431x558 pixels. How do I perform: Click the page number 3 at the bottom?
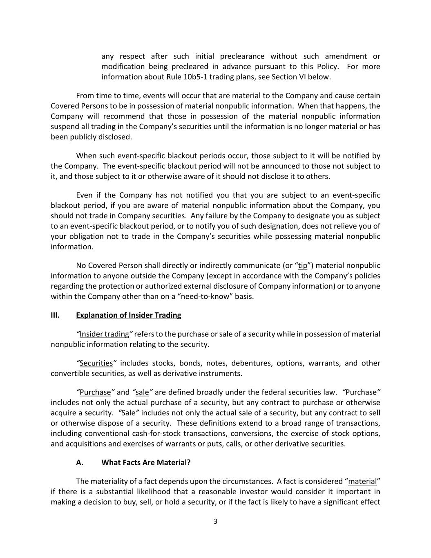coord(215,521)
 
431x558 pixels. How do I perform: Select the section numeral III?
coord(55,315)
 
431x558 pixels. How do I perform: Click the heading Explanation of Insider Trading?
coord(128,315)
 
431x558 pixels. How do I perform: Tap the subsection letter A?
coord(80,463)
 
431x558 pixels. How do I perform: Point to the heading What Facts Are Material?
coord(146,463)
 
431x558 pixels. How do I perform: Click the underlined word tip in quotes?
coord(303,266)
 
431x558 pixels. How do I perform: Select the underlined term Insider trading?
coord(104,334)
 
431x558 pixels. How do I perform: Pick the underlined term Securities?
coord(96,363)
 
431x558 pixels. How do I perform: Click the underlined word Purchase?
coord(95,392)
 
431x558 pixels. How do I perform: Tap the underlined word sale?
coord(142,392)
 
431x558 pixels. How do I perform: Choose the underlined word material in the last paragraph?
coord(362,482)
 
